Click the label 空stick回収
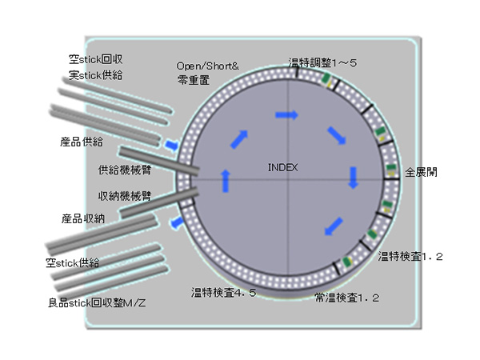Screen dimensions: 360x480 95,60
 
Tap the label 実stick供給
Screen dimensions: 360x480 95,75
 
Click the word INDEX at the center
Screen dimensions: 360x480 282,167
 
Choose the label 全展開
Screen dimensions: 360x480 421,172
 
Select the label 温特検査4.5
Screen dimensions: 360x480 223,293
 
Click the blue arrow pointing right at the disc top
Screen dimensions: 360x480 286,115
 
